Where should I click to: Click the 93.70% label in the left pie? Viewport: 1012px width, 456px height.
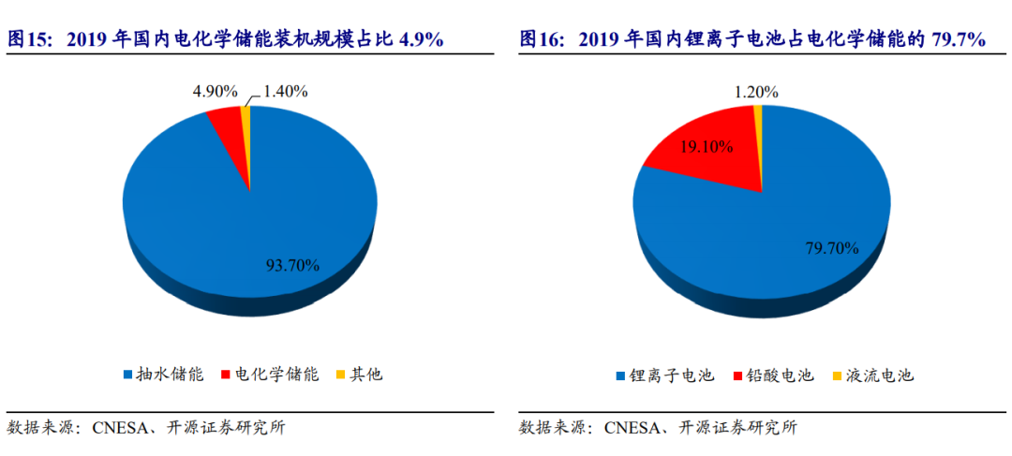pos(291,265)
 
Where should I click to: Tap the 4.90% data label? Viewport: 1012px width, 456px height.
pos(215,91)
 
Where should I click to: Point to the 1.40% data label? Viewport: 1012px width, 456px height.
pos(286,91)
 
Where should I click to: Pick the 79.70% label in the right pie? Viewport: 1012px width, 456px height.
pos(831,248)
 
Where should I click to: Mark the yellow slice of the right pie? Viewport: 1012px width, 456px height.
pos(757,114)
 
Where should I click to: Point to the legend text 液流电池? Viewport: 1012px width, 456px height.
pos(878,375)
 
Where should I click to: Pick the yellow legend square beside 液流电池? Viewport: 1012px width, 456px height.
pos(836,375)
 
